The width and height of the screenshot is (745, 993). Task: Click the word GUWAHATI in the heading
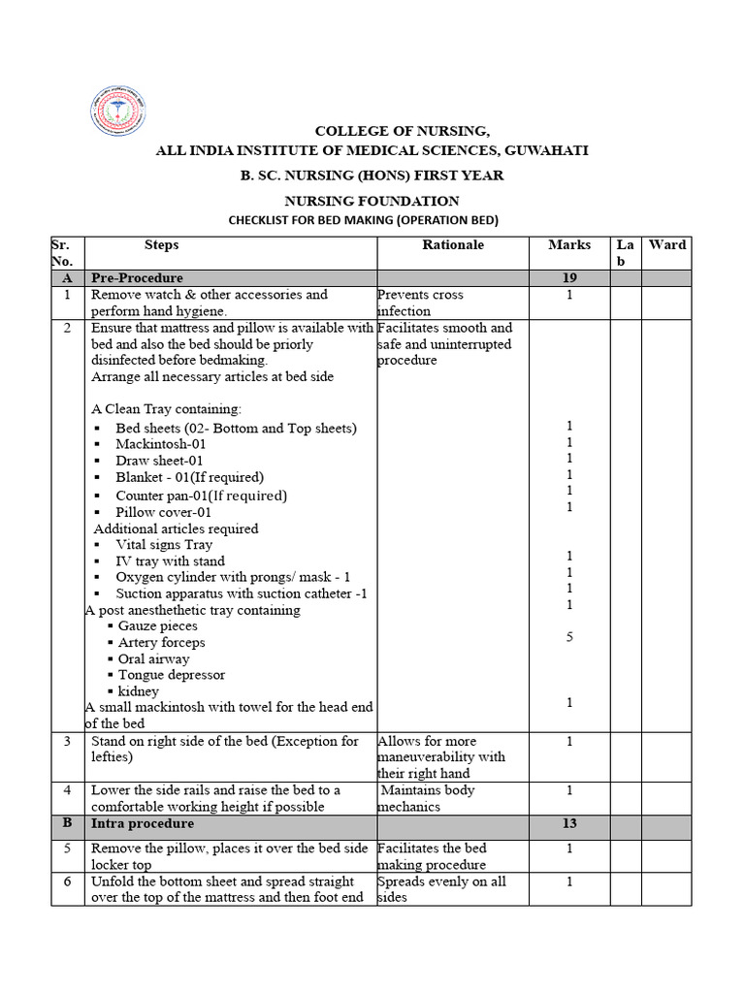(542, 150)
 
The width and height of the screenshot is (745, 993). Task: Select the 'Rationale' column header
(452, 245)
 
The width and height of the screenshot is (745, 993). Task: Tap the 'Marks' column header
(568, 245)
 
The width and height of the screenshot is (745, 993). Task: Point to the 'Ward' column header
(666, 245)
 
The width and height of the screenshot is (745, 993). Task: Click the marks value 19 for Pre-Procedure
(569, 278)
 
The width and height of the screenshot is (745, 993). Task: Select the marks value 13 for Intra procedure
(569, 824)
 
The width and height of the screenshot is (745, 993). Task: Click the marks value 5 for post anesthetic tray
(569, 637)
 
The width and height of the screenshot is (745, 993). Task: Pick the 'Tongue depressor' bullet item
(172, 675)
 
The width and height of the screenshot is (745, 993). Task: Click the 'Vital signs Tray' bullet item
(164, 545)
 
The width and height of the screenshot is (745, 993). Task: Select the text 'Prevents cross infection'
(420, 303)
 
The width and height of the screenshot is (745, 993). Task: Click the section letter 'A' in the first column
(67, 278)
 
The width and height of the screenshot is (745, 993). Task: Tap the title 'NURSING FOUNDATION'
(372, 201)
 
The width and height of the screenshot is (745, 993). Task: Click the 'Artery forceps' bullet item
(161, 642)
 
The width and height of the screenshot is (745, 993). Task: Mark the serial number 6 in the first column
(67, 881)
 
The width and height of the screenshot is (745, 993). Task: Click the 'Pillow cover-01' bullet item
(163, 512)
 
